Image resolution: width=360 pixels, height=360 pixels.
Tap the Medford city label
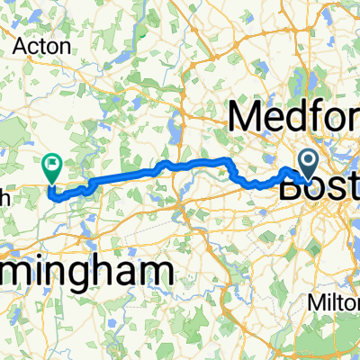pos(295,117)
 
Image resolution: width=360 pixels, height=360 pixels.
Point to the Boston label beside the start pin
pos(319,189)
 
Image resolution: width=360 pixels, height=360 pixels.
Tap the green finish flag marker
pos(52,165)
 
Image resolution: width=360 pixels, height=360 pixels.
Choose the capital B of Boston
pos(292,189)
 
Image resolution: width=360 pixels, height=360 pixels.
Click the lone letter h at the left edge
pos(4,197)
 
